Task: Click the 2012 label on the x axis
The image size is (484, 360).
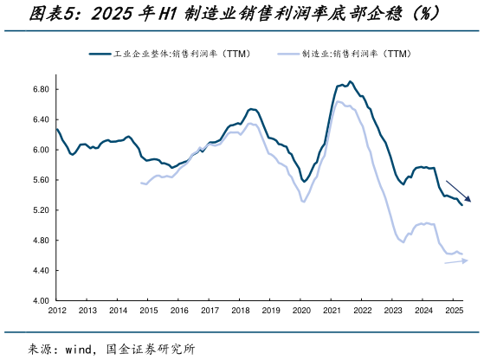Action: [57, 310]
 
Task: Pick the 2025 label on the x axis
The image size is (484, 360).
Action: [454, 310]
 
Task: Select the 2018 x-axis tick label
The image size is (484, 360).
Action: [240, 310]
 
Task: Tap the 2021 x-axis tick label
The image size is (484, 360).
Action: [332, 310]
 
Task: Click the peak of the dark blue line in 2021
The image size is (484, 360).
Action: [350, 82]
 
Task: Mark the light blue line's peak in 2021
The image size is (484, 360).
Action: [339, 102]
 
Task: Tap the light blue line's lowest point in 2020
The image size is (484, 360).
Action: [303, 202]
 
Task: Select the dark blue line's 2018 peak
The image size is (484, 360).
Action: [250, 109]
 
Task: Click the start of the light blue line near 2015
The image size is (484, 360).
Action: [140, 183]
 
